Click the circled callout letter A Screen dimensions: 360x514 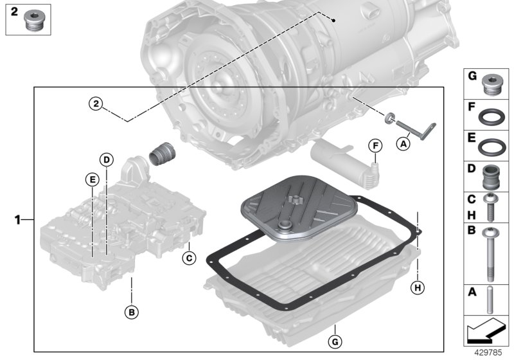coord(403,144)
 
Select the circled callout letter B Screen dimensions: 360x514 coord(131,312)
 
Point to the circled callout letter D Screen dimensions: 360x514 coord(107,159)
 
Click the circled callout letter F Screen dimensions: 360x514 coord(375,146)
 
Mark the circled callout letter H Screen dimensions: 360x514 coord(418,288)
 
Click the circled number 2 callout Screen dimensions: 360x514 coord(96,103)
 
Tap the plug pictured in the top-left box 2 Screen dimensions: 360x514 coord(33,23)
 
